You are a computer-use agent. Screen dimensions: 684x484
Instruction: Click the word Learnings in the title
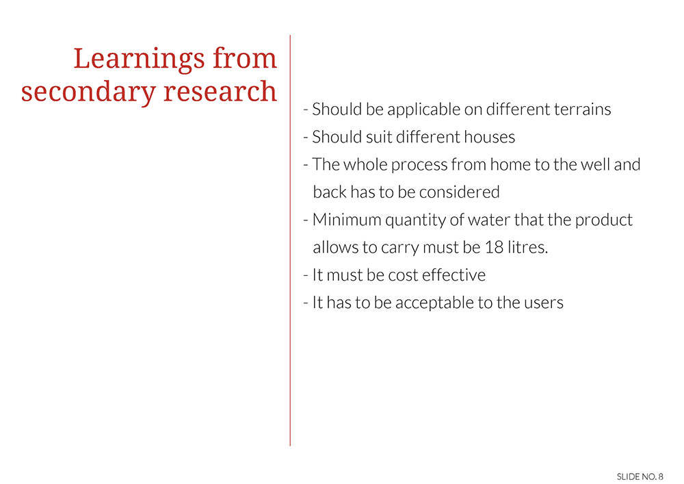click(x=139, y=60)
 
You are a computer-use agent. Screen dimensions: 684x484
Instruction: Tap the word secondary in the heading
click(x=88, y=92)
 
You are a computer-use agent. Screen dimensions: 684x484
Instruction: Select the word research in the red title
click(x=220, y=91)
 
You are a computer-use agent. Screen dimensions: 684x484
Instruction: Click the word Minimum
click(x=347, y=220)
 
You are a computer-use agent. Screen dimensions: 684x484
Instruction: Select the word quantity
click(x=415, y=220)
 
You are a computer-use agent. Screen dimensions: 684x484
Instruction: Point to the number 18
click(x=494, y=247)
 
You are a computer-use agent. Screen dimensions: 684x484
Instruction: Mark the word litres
click(x=528, y=247)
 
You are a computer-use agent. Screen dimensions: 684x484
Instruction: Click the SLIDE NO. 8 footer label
click(x=640, y=476)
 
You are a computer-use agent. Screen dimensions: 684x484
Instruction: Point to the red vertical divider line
click(x=290, y=240)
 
